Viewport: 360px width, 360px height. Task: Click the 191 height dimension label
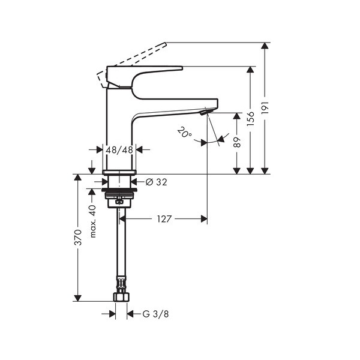pyautogui.click(x=265, y=107)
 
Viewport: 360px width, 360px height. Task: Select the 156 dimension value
pyautogui.click(x=250, y=118)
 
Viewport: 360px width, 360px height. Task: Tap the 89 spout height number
pyautogui.click(x=237, y=142)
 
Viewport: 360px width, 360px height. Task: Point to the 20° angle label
pyautogui.click(x=184, y=133)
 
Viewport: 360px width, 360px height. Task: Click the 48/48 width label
pyautogui.click(x=119, y=150)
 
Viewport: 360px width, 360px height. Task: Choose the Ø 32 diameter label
pyautogui.click(x=157, y=182)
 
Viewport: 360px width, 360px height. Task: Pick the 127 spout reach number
pyautogui.click(x=164, y=219)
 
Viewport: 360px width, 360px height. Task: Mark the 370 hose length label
pyautogui.click(x=78, y=238)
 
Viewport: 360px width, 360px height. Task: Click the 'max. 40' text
pyautogui.click(x=92, y=221)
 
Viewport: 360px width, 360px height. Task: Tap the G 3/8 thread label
pyautogui.click(x=155, y=314)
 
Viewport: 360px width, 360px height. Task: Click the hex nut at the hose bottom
pyautogui.click(x=121, y=296)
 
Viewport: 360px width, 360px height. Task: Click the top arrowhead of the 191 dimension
pyautogui.click(x=265, y=46)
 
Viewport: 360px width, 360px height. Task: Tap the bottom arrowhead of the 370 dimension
pyautogui.click(x=78, y=298)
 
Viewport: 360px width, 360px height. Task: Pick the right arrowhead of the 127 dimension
pyautogui.click(x=204, y=219)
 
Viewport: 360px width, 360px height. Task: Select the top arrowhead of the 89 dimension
pyautogui.click(x=237, y=116)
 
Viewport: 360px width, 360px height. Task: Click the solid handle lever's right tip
pyautogui.click(x=182, y=68)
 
